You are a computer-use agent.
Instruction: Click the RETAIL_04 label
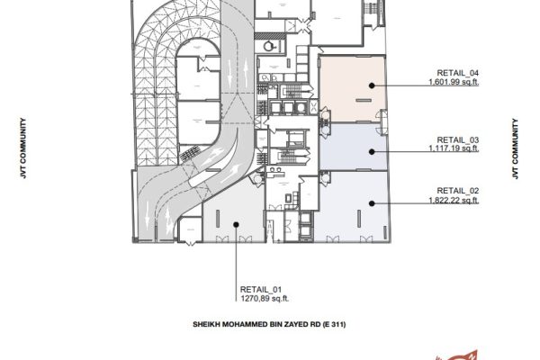coord(458,73)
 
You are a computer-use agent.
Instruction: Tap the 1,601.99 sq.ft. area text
coord(454,82)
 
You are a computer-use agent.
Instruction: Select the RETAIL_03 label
coord(458,139)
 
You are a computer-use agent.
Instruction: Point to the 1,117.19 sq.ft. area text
coord(454,148)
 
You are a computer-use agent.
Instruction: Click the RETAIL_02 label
coord(458,191)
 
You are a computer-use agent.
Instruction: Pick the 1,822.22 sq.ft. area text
coord(454,200)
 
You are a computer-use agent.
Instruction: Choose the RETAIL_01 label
coord(261,290)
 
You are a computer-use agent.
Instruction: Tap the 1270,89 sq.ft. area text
coord(265,299)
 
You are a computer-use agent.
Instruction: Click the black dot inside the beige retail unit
coord(372,85)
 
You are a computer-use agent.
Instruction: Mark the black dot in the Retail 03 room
coord(372,151)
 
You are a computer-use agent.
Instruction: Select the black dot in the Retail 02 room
coord(372,203)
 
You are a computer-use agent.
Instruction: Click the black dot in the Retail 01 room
coord(236,225)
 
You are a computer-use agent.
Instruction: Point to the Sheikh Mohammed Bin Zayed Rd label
coord(269,324)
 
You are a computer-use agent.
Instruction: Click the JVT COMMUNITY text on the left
coord(23,148)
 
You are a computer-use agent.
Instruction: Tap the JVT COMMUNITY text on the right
coord(515,148)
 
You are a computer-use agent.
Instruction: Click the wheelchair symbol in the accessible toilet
coord(268,46)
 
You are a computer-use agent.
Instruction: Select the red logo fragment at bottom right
coord(457,355)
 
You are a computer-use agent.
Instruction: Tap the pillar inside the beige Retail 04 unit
coord(364,101)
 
